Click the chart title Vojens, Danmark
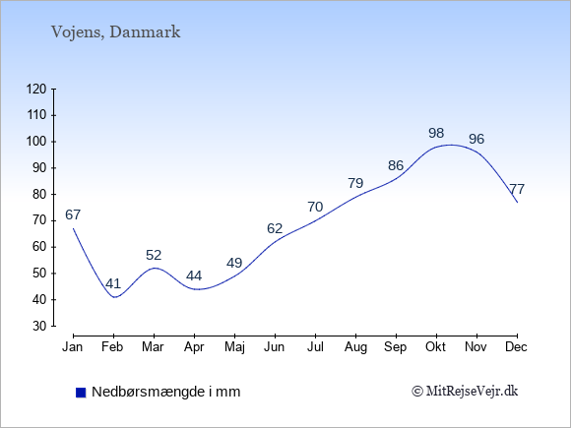pos(115,32)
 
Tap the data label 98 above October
pos(436,133)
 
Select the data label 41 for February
pos(113,283)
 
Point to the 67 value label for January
pos(73,214)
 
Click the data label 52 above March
pos(154,255)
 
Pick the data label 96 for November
pos(476,139)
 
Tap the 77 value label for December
pos(517,189)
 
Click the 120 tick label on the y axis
pos(36,89)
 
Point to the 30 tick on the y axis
pos(39,326)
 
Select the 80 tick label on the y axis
pos(39,195)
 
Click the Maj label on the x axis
pos(234,347)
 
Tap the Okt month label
pos(435,347)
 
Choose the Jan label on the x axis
pos(73,347)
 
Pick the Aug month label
pos(355,347)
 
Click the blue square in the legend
pos(81,393)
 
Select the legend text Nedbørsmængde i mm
pos(165,392)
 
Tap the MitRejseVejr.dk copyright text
pos(465,392)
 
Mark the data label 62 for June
pos(275,228)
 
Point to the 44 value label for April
pos(194,275)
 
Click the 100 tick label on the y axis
pos(36,142)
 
